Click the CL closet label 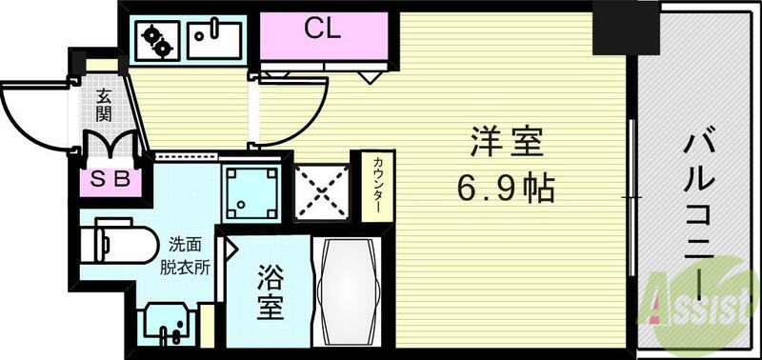click(x=323, y=29)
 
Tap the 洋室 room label click(x=506, y=144)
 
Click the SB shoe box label click(x=112, y=178)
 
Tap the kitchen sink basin click(x=215, y=38)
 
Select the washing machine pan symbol click(x=251, y=191)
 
